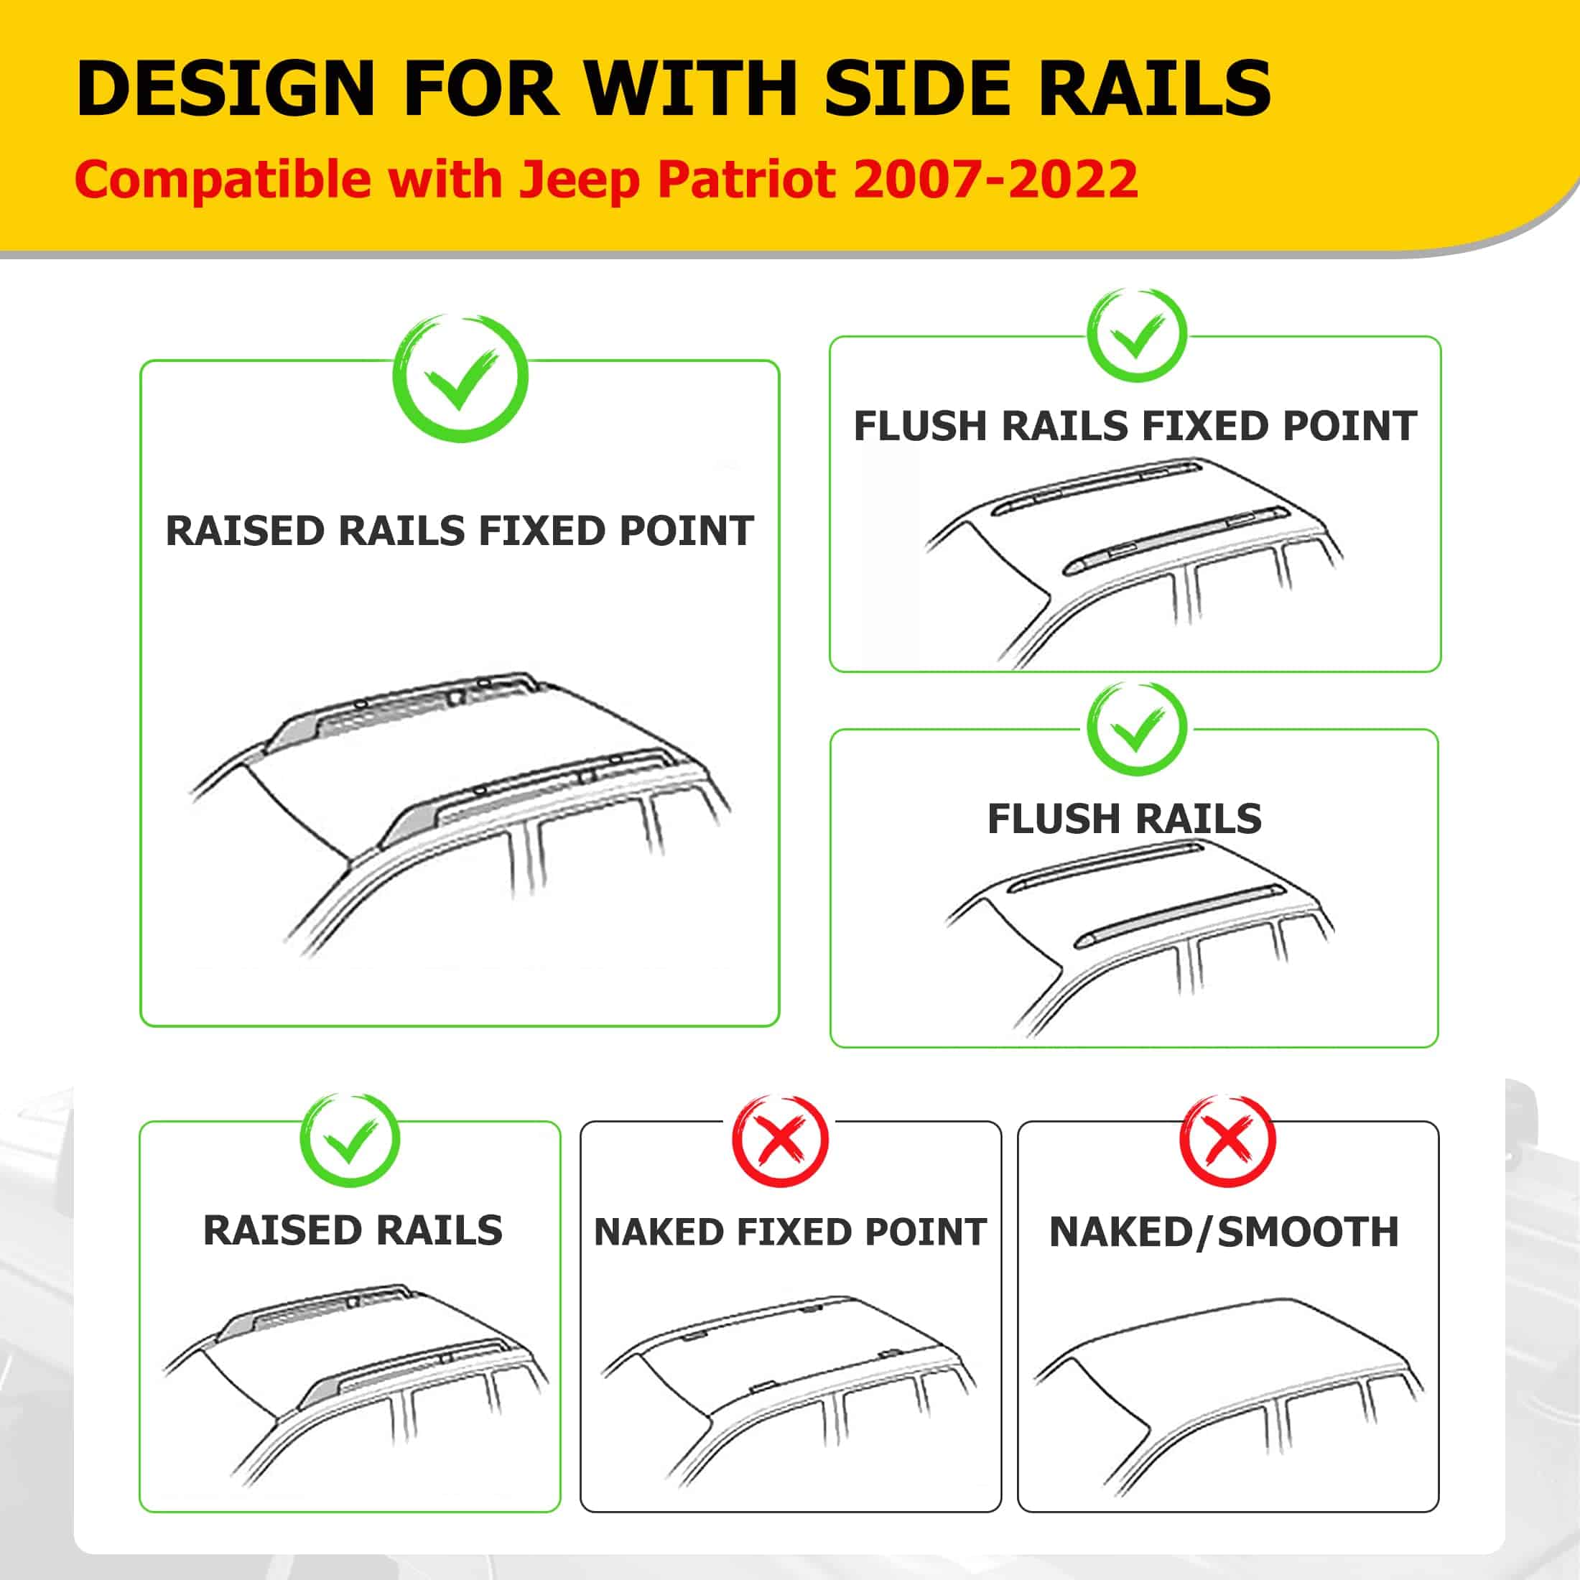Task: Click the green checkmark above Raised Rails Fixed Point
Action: (460, 378)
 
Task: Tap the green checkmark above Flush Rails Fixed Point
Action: (1136, 336)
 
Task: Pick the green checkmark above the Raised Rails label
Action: (350, 1140)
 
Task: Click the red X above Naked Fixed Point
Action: (780, 1140)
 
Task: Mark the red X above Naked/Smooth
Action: (1227, 1140)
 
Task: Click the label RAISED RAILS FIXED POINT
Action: (460, 531)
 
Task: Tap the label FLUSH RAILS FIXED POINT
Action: (1135, 426)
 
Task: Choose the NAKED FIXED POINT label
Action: (790, 1232)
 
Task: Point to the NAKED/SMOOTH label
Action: (1224, 1232)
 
